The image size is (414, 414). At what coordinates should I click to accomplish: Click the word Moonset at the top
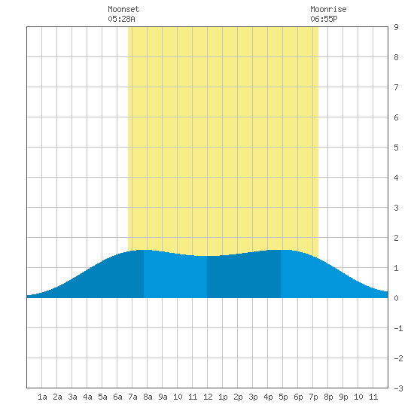(x=123, y=9)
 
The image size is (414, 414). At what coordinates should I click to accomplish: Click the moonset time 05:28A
(x=121, y=19)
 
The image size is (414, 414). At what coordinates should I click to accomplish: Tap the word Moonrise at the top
(x=328, y=9)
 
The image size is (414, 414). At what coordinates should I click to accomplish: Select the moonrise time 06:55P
(x=324, y=19)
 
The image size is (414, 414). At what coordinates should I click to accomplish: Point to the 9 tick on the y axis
(x=396, y=27)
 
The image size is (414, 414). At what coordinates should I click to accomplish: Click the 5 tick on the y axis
(x=396, y=148)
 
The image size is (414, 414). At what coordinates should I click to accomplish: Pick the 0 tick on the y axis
(x=396, y=298)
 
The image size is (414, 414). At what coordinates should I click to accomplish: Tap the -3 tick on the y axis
(x=398, y=388)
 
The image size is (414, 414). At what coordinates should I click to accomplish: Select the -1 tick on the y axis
(x=398, y=328)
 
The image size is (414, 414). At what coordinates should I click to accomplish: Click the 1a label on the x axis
(x=42, y=397)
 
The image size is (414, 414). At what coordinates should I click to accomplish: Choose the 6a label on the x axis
(x=117, y=397)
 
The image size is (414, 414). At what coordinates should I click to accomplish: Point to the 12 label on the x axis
(x=208, y=397)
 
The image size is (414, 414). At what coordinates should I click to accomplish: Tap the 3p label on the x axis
(x=253, y=397)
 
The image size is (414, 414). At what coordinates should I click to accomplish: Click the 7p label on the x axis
(x=313, y=397)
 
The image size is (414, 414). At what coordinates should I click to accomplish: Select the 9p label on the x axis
(x=343, y=397)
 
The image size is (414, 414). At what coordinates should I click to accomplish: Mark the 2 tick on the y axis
(x=396, y=238)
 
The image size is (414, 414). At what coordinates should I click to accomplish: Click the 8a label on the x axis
(x=148, y=397)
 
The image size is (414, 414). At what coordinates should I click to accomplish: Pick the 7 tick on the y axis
(x=396, y=87)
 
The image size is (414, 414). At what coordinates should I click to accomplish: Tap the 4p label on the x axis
(x=268, y=397)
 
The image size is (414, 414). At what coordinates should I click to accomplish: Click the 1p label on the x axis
(x=223, y=397)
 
